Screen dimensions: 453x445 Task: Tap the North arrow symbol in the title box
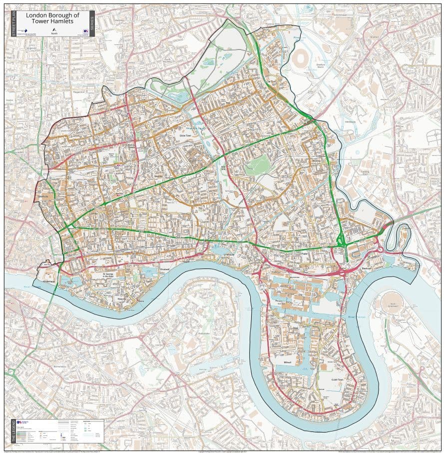point(53,30)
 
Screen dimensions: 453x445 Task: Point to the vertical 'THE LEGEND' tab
point(13,430)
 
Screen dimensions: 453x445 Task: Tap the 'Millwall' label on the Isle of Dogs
point(282,359)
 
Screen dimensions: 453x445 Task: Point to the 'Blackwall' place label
point(367,269)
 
